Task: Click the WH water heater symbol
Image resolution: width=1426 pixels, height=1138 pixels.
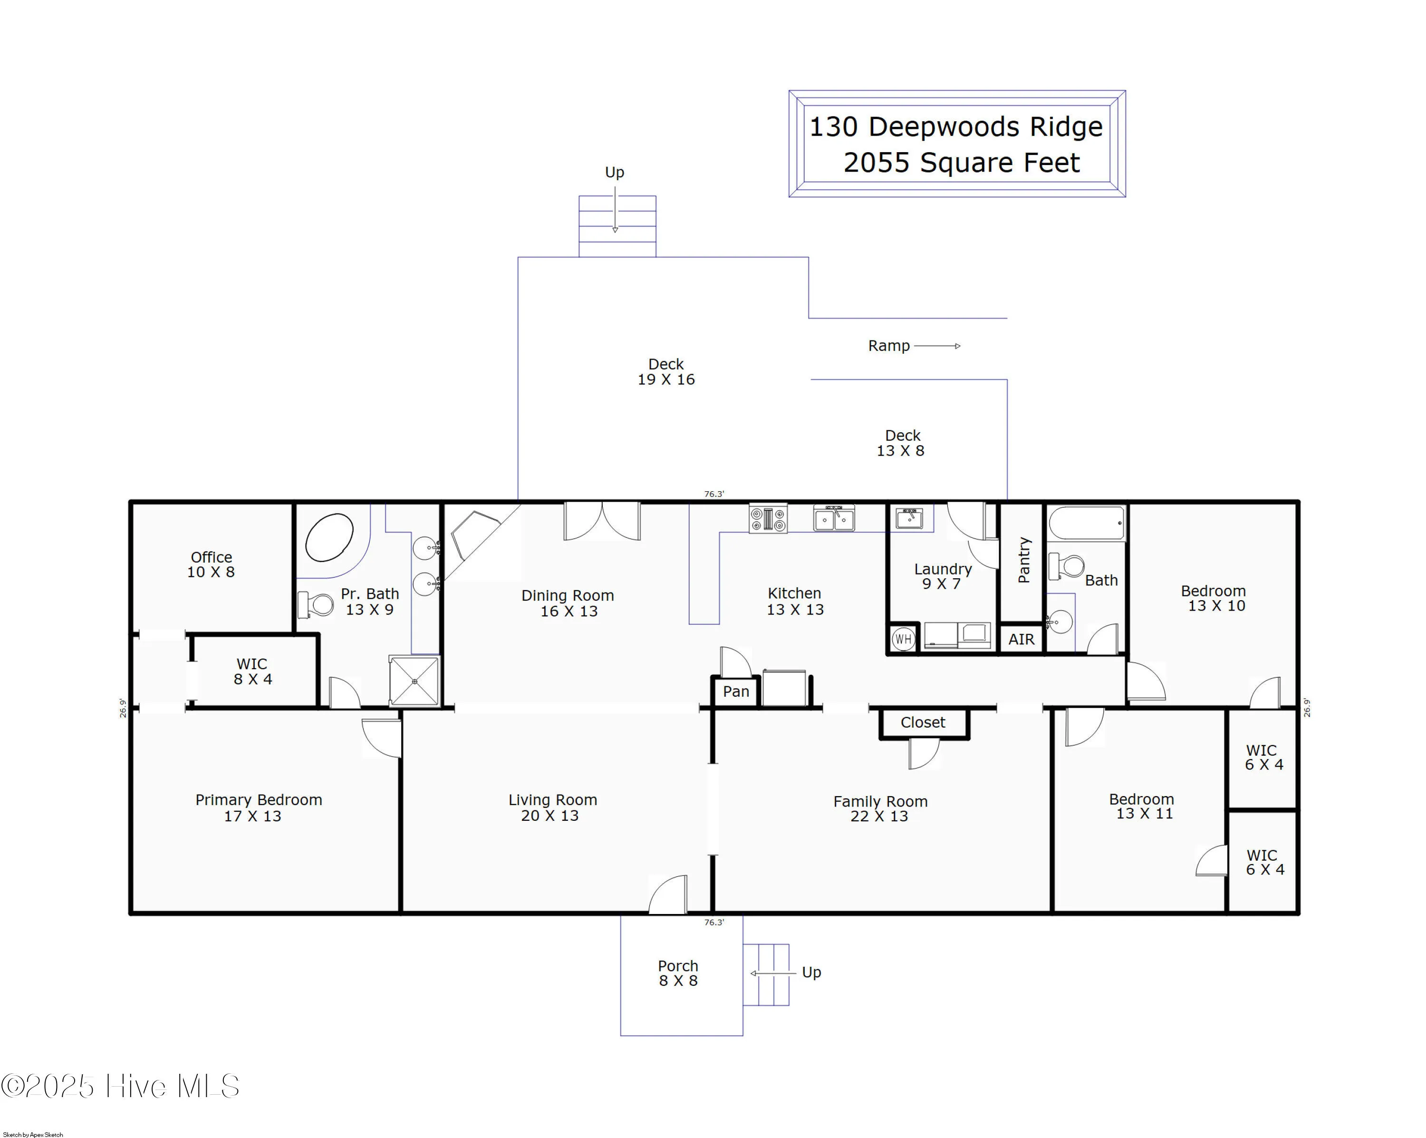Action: tap(903, 639)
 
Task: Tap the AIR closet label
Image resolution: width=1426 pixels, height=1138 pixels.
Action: tap(1021, 639)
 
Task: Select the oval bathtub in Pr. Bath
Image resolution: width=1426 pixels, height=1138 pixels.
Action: tap(329, 537)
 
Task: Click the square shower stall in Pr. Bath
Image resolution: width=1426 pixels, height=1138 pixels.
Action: tap(414, 681)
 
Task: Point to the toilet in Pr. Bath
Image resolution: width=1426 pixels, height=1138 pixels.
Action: tap(317, 604)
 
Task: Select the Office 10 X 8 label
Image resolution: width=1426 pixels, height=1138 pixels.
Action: tap(211, 564)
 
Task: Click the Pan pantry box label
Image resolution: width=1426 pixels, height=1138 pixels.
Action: tap(735, 691)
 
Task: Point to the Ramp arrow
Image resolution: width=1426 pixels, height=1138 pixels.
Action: tap(937, 346)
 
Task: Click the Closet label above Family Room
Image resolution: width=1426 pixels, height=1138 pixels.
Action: tap(923, 722)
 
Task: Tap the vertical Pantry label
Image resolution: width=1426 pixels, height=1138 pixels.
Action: tap(1024, 560)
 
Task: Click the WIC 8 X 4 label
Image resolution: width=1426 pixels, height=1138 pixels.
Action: tap(252, 671)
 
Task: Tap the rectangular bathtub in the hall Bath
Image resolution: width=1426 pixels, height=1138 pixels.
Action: tap(1087, 524)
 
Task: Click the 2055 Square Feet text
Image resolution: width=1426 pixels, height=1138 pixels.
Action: tap(961, 163)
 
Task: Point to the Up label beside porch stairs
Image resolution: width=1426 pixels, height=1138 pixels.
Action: tap(811, 972)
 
